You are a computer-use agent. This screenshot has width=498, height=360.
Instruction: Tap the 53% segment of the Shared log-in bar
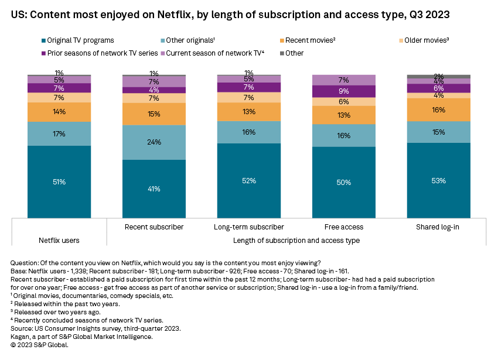pos(438,180)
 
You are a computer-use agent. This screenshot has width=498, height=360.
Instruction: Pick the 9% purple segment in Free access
pos(343,91)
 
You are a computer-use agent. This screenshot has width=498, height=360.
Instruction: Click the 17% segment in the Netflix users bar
pos(59,134)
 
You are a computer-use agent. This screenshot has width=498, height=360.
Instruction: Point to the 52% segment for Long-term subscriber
pos(248,180)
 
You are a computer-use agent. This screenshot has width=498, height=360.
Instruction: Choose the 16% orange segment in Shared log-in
pos(438,109)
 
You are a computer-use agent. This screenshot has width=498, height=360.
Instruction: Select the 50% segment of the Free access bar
pos(343,182)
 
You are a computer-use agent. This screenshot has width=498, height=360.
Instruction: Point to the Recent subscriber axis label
pos(154,227)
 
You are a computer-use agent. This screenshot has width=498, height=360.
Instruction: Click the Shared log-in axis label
pos(438,227)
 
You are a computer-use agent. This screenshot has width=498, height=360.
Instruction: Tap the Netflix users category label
pos(59,240)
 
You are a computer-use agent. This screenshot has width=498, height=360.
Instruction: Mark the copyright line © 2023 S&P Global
pos(40,345)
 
